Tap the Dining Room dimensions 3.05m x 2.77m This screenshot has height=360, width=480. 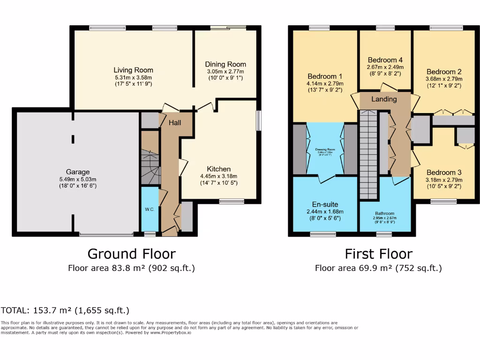point(225,72)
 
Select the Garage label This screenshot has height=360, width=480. point(78,172)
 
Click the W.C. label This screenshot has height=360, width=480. point(150,209)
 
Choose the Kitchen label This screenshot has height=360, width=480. point(219,169)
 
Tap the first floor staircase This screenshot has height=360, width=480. point(368,155)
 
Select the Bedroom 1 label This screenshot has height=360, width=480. point(325,76)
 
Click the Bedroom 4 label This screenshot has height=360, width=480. point(385,60)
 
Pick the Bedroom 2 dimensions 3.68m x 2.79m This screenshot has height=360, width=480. point(444,79)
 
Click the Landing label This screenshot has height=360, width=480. point(384,99)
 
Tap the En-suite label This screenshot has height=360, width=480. point(325,204)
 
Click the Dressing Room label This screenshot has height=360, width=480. point(325,150)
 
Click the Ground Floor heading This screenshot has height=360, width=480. point(132,254)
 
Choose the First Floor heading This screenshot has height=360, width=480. point(378,254)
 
